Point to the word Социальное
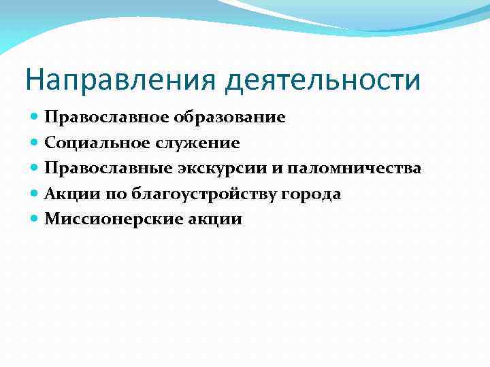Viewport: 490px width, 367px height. click(x=90, y=143)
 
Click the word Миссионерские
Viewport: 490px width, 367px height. click(x=106, y=220)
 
